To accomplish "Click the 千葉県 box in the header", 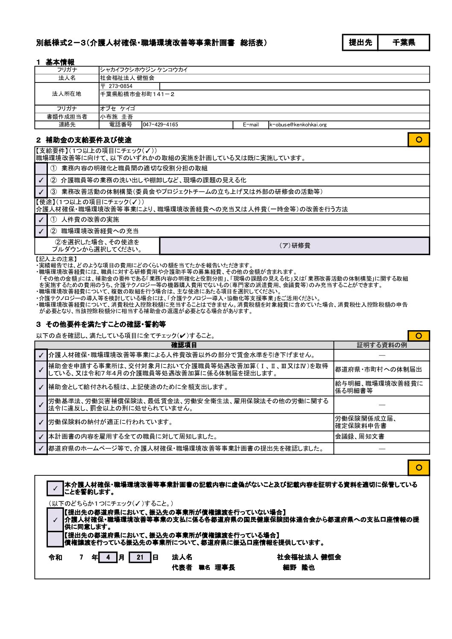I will click(403, 42).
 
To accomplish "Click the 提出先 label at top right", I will click(360, 42).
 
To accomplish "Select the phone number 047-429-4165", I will click(161, 125).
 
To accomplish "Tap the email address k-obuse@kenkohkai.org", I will click(298, 125).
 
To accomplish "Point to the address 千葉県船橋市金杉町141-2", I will click(137, 94).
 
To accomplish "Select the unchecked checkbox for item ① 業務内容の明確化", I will click(41, 168).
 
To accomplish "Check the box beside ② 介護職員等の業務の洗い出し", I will click(41, 180).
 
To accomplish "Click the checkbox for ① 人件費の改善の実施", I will click(41, 220).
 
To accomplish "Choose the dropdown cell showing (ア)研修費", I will click(294, 246).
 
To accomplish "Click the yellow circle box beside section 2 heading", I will click(419, 140).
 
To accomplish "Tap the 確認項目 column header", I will click(184, 345).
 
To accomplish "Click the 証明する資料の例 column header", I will click(382, 345).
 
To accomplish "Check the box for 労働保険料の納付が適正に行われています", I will click(41, 422).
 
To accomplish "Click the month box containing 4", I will click(108, 557).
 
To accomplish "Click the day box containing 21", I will click(140, 557).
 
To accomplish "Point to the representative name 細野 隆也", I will click(299, 568).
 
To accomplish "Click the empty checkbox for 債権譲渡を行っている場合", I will click(55, 539).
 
